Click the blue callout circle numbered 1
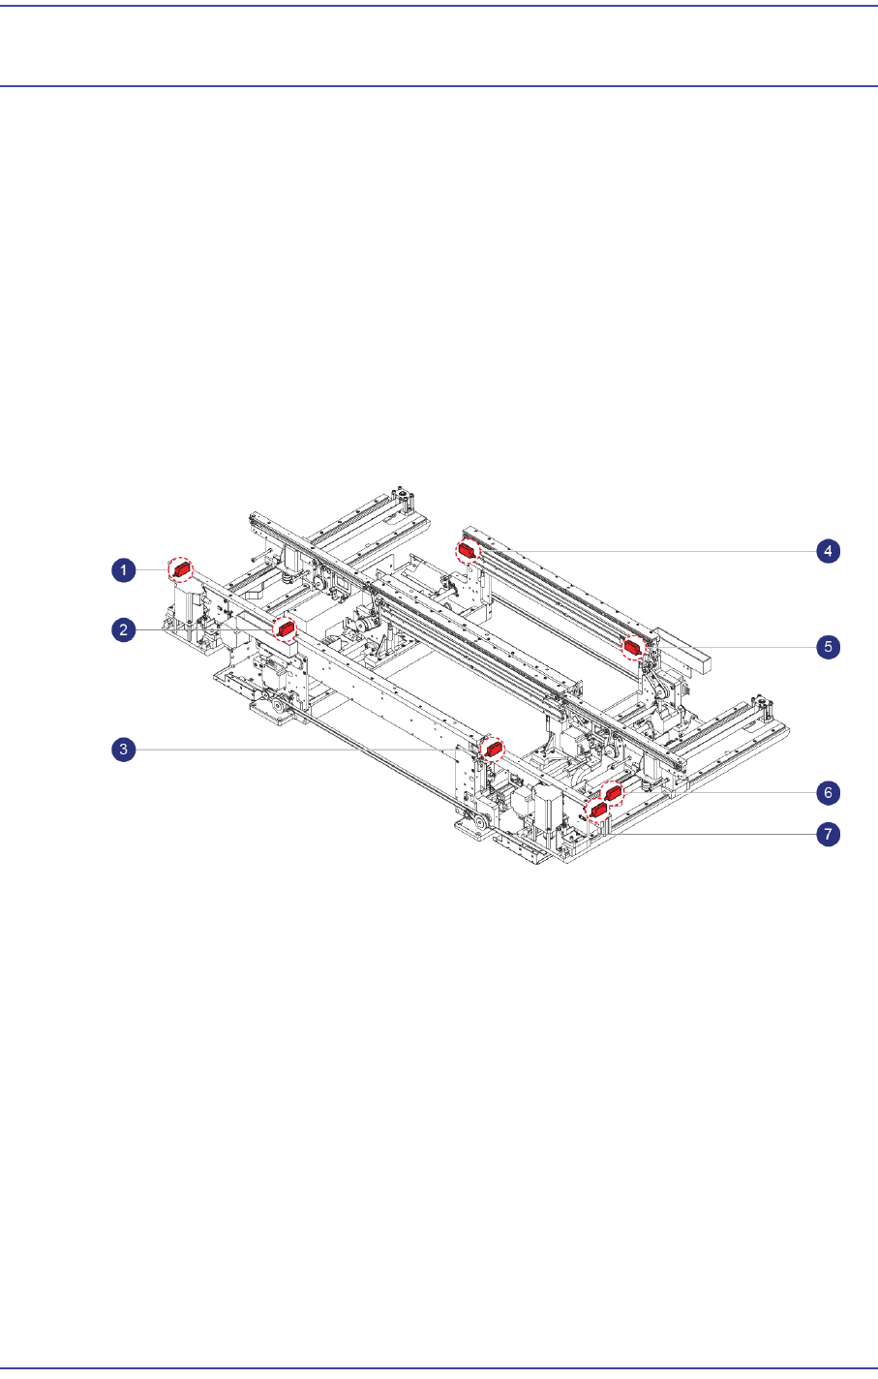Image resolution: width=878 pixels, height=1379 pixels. [x=124, y=570]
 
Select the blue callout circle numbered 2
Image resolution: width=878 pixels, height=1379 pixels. [x=124, y=629]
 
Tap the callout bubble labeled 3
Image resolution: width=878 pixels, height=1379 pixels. [x=124, y=750]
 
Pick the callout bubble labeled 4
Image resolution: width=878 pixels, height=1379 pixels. [x=829, y=551]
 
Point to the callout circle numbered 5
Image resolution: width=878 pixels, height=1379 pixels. [x=829, y=647]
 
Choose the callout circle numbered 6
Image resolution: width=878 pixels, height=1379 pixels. [x=829, y=792]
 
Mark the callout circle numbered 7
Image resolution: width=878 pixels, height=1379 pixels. [x=829, y=834]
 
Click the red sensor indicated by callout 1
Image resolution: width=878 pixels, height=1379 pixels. [x=182, y=569]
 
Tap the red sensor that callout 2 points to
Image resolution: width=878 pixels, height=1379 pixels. [x=285, y=628]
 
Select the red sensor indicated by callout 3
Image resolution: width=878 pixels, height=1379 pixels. [x=493, y=750]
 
